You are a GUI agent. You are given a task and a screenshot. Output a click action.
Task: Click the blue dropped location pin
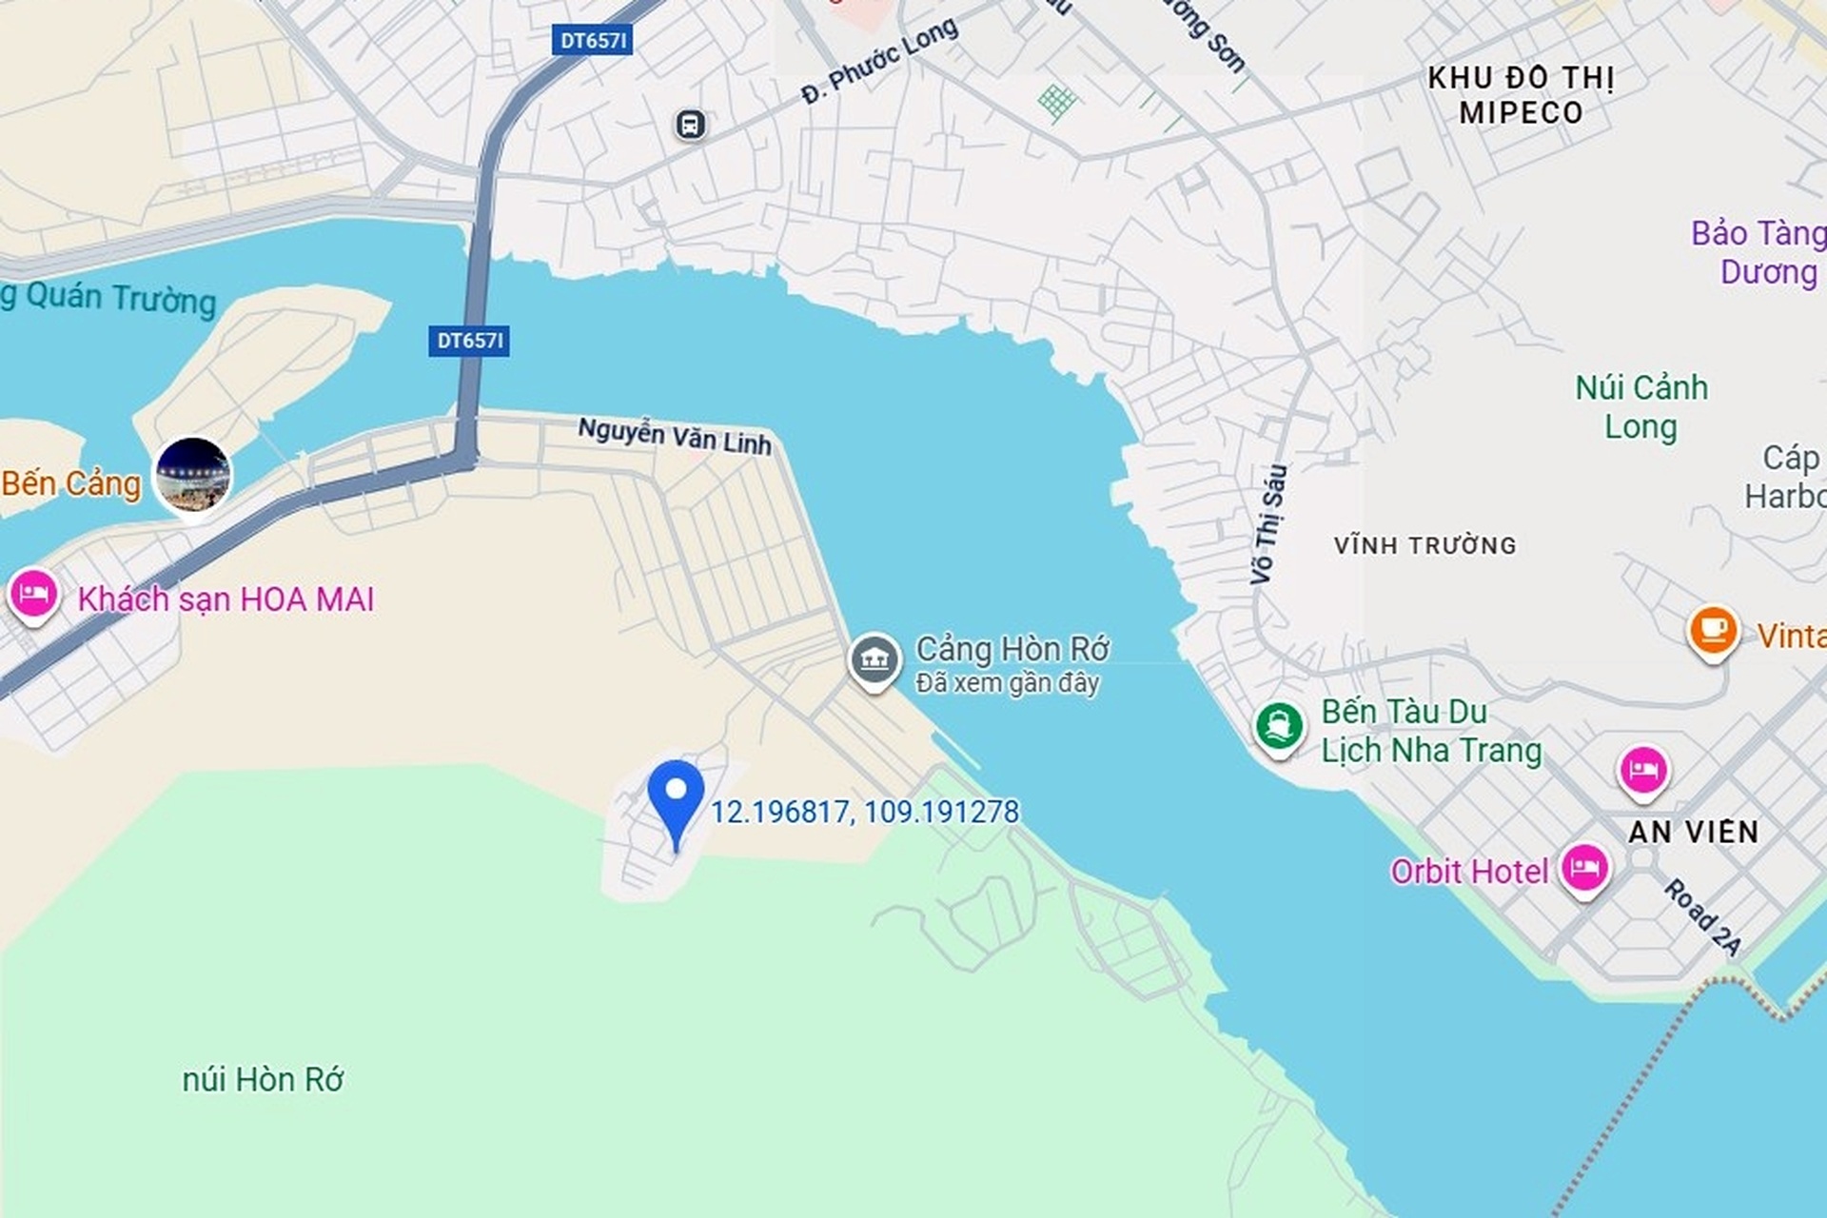click(676, 795)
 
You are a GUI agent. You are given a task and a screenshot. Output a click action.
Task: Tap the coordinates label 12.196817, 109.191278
click(864, 812)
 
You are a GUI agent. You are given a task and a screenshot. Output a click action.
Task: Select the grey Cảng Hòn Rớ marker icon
click(874, 658)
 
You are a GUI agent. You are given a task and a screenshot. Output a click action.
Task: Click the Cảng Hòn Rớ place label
click(1012, 650)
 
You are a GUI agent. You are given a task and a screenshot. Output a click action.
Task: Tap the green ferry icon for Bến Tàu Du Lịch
click(1279, 727)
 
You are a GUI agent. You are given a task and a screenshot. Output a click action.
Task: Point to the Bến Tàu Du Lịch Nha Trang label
click(1430, 731)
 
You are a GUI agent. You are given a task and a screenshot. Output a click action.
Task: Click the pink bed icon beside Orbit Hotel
click(1583, 868)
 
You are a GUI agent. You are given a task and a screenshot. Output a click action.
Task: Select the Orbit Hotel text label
click(1469, 872)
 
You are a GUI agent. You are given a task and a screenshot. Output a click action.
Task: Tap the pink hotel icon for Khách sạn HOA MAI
click(34, 595)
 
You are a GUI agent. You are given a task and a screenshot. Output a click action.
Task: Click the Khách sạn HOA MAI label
click(226, 599)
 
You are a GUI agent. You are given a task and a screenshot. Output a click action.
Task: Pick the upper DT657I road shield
click(592, 40)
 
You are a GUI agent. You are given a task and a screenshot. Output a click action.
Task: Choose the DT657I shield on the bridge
click(469, 341)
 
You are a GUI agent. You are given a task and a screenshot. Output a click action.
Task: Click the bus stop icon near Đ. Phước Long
click(691, 125)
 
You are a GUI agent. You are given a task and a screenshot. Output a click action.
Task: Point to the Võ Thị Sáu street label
click(1268, 523)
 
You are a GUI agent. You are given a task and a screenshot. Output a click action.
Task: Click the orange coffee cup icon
click(1713, 630)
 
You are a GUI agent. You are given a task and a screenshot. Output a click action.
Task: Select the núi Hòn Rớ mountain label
click(263, 1080)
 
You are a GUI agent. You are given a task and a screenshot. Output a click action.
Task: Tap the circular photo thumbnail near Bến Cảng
click(193, 475)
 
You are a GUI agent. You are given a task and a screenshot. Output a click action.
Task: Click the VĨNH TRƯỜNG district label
click(1424, 545)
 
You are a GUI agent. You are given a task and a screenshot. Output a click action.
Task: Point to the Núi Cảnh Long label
click(1641, 407)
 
